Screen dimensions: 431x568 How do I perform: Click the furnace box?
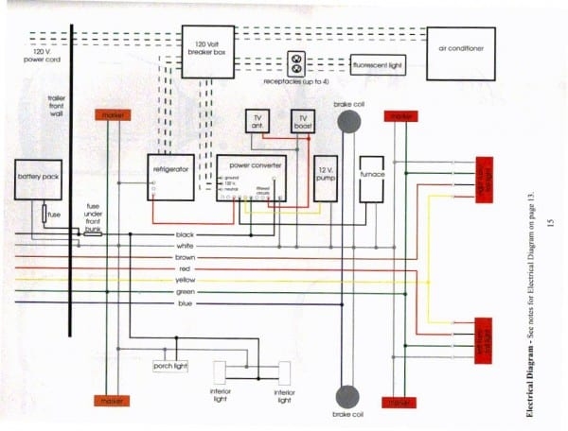coord(371,177)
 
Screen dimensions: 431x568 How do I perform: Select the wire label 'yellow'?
coord(186,281)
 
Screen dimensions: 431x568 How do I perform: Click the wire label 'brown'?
coord(186,257)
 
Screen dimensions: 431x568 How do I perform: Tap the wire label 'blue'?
coord(186,303)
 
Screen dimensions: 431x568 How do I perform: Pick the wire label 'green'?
coord(186,292)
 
